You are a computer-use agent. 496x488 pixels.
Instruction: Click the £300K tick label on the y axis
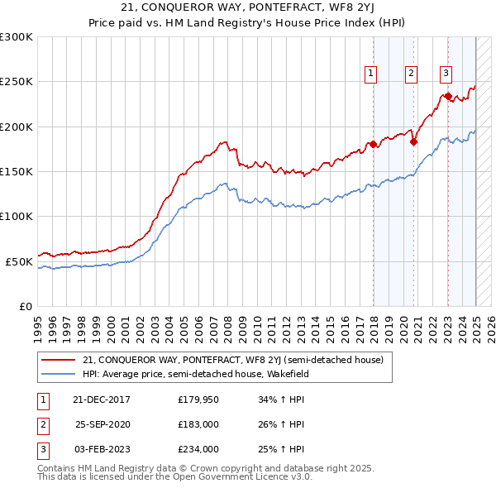17,37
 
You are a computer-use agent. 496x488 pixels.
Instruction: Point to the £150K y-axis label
17,171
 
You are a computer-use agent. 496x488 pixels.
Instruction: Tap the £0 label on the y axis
26,306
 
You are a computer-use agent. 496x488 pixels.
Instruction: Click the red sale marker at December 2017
373,145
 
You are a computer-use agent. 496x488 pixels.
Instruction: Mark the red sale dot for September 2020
413,141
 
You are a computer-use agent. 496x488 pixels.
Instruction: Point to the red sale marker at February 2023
448,96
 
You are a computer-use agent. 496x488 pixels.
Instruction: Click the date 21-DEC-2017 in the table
102,400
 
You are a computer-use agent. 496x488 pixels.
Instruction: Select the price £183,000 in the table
198,424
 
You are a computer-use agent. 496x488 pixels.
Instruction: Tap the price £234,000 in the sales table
198,449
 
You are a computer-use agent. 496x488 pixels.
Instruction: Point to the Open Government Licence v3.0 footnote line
174,477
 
